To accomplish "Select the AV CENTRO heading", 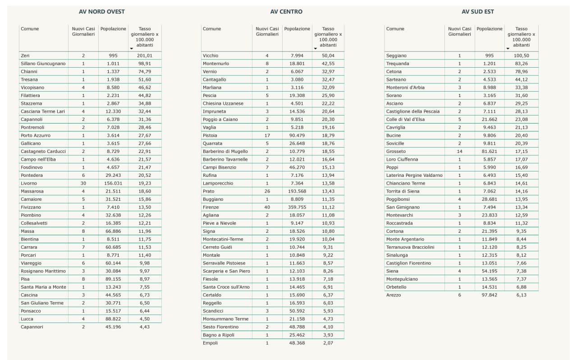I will click(x=286, y=11).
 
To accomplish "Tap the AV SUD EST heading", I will click(x=477, y=11).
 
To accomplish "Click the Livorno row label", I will click(x=29, y=183).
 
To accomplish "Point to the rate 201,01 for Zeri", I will click(x=145, y=55).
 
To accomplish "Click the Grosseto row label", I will click(x=396, y=151).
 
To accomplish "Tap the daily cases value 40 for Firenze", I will click(x=267, y=207).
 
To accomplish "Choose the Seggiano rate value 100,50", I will click(x=521, y=55).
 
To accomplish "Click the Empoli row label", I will click(x=210, y=343).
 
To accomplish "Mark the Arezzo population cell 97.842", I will click(x=489, y=295).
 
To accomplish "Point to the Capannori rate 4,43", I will click(x=145, y=327).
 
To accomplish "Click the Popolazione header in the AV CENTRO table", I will click(x=297, y=29).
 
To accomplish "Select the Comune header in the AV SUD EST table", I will click(x=395, y=29).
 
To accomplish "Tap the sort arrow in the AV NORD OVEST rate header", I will click(x=132, y=48).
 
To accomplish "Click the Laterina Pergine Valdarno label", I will click(x=414, y=175).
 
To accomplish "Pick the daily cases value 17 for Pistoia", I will click(x=267, y=135).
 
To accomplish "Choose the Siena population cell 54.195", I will click(x=489, y=271).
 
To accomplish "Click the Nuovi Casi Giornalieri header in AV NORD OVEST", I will click(x=83, y=31).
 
